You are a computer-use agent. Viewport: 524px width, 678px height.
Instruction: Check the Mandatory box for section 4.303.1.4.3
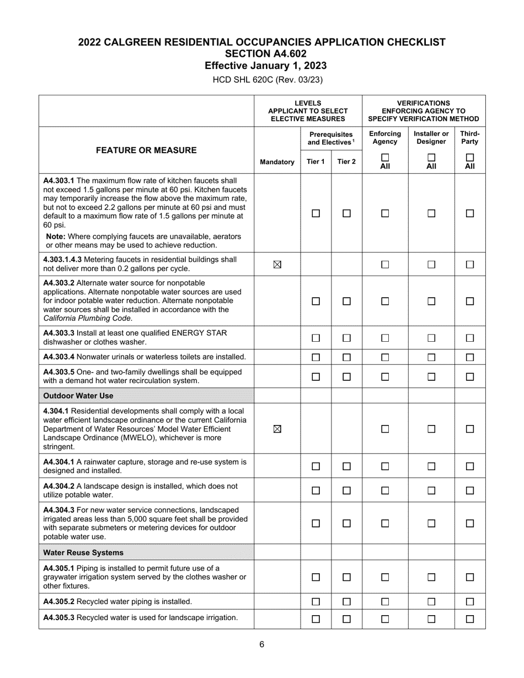277,265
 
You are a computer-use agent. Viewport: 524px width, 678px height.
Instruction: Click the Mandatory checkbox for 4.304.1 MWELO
277,429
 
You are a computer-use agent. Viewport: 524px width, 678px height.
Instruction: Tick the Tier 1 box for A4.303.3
316,338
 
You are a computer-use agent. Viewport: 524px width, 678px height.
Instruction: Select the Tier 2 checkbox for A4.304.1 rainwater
346,466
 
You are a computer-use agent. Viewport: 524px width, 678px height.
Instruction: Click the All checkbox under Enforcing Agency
385,158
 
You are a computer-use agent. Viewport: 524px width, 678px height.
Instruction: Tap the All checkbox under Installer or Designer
431,158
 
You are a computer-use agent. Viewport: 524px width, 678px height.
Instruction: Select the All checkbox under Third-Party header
470,158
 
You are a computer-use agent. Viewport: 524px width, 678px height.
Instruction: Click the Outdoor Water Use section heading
78,396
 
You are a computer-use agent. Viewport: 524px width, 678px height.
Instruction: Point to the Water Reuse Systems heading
83,552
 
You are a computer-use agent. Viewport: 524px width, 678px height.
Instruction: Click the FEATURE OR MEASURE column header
147,150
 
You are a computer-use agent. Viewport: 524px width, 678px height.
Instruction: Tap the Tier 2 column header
346,162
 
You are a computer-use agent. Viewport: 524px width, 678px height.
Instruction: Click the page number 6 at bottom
262,644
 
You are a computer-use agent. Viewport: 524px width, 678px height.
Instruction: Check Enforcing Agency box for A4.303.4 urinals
385,358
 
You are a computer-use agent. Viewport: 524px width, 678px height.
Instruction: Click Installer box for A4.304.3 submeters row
431,524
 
